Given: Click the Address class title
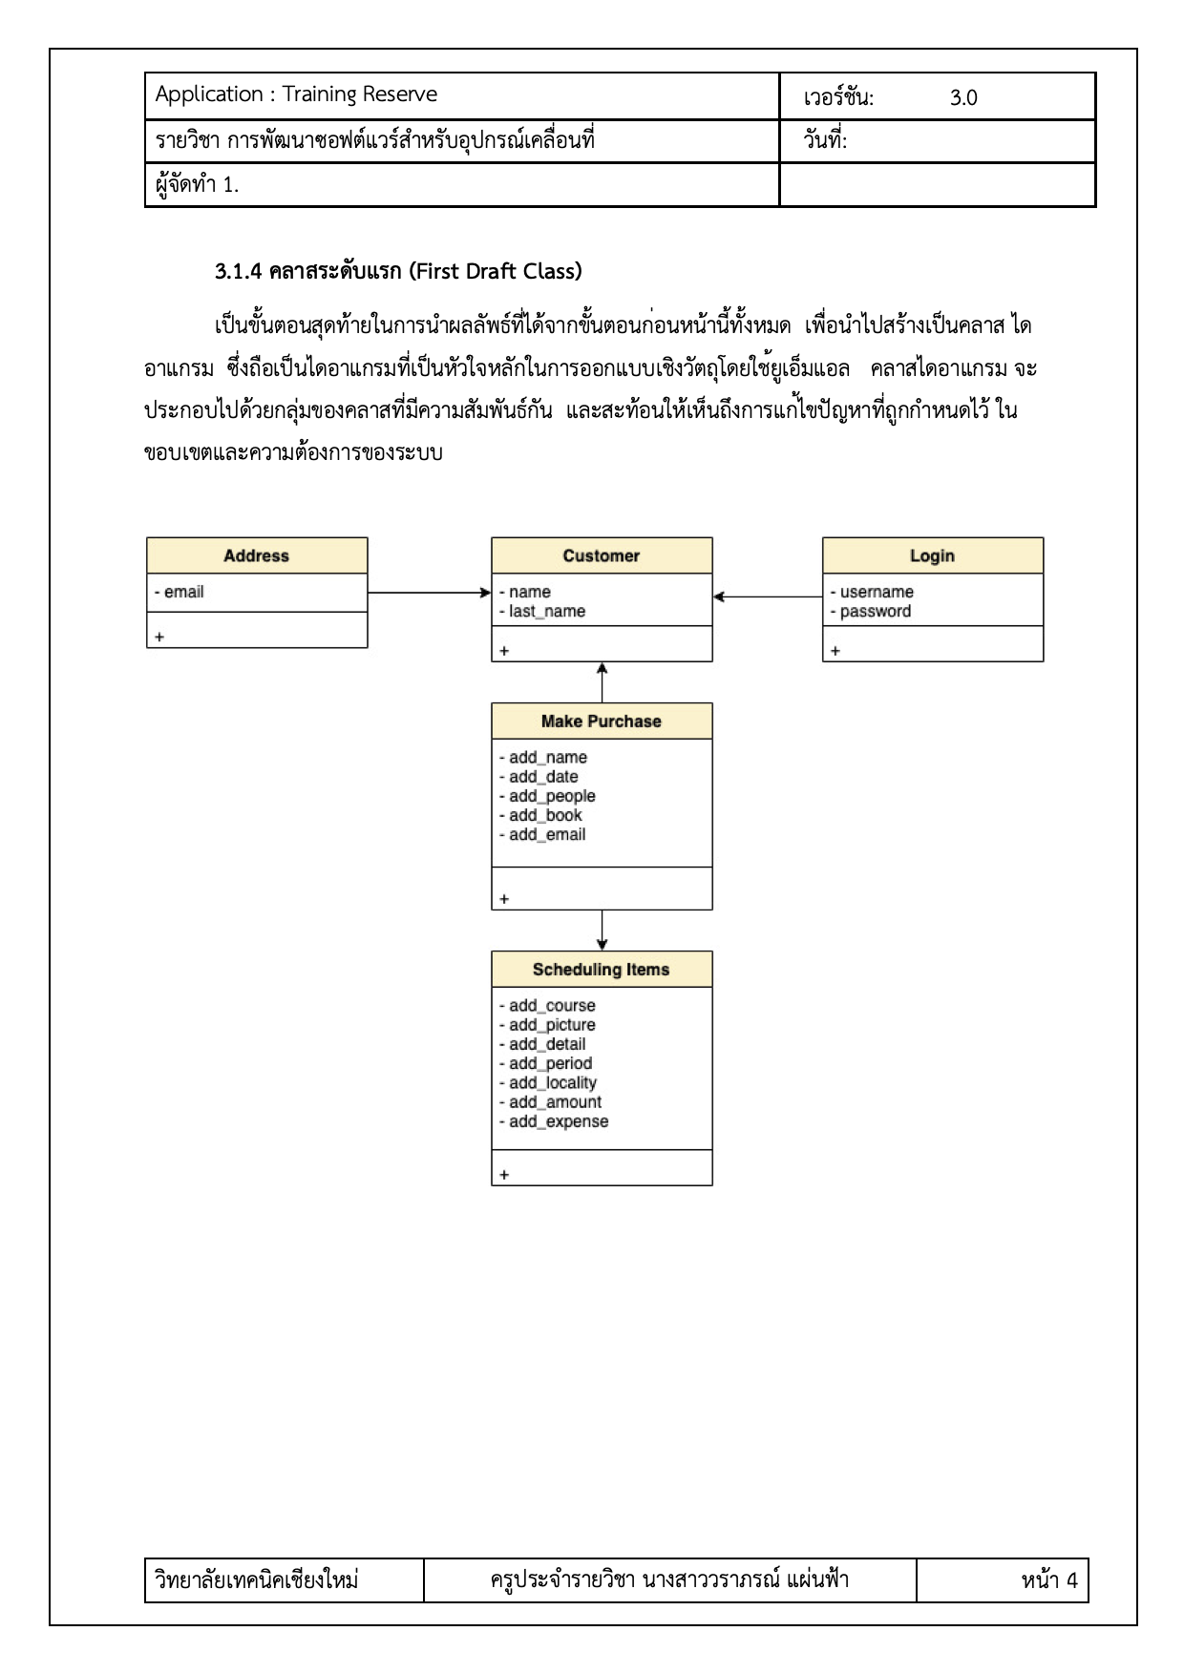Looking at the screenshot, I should (x=256, y=555).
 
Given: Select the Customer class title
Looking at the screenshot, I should (x=601, y=555).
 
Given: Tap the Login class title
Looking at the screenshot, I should (x=932, y=555).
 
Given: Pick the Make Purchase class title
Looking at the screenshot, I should (x=601, y=721).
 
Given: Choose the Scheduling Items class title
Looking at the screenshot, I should (x=601, y=970).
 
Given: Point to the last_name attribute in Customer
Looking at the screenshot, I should (x=545, y=612).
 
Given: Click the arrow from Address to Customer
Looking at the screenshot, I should (x=429, y=593).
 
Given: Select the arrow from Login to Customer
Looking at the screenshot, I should (x=768, y=597).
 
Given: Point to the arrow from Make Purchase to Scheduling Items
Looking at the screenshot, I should (x=602, y=930).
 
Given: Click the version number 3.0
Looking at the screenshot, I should (x=963, y=97).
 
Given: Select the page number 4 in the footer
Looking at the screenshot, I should (x=1071, y=1580).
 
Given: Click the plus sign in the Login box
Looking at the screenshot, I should (x=835, y=651).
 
